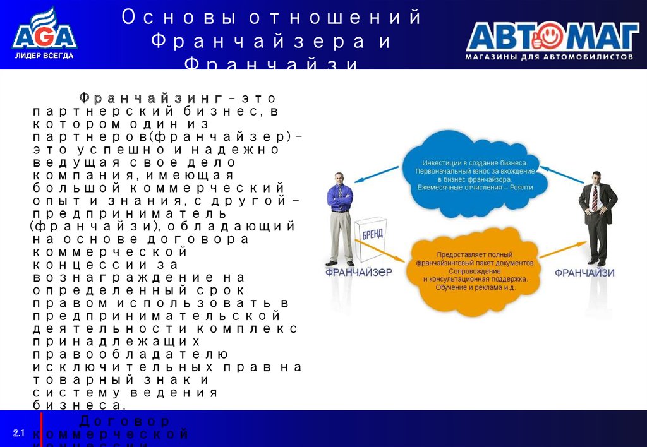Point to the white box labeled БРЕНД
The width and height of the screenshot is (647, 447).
coord(370,240)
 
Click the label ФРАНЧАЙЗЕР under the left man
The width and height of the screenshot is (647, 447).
coord(358,273)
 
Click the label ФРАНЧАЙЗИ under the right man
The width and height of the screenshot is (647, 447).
coord(584,273)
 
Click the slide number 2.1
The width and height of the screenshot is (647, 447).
coord(18,432)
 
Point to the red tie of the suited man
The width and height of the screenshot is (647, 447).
coord(594,198)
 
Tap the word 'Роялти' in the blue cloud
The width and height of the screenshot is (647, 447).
coord(521,187)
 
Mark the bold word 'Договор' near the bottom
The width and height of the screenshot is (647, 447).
coord(124,421)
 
